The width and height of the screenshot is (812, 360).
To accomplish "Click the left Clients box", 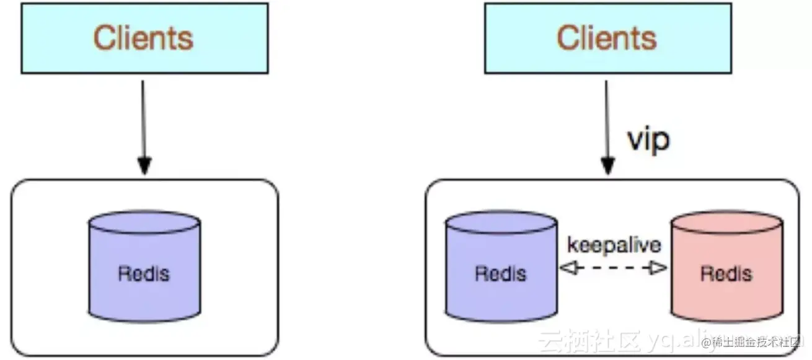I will [144, 38].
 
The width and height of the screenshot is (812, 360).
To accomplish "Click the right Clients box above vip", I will [607, 38].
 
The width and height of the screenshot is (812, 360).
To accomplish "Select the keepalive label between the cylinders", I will [614, 245].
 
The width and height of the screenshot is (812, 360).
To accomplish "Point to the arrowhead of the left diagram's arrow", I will [144, 166].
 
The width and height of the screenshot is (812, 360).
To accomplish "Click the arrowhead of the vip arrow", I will [607, 166].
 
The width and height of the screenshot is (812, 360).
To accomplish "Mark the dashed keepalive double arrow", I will [612, 268].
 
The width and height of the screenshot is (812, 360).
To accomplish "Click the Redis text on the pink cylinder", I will [726, 273].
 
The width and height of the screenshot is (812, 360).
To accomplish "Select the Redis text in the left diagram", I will [144, 273].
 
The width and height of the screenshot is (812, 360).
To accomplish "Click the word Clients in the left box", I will [144, 38].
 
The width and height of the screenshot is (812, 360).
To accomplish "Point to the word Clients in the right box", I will [606, 38].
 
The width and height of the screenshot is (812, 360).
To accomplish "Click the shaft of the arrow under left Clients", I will [144, 118].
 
